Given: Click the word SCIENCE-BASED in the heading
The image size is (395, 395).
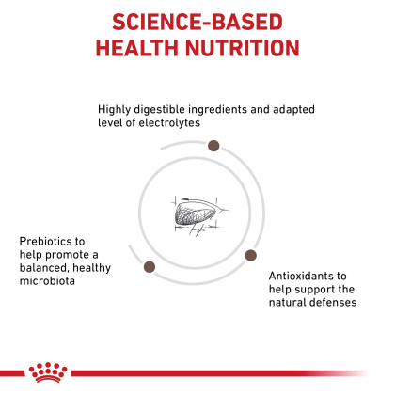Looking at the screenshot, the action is pos(197,22).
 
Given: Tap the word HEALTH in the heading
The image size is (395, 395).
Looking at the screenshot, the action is pos(137,48).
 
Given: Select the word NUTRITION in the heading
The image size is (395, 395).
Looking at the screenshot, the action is pos(243,48).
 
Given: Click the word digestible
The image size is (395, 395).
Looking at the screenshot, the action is pos(159,109).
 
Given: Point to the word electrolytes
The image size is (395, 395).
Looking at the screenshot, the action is pos(169,122).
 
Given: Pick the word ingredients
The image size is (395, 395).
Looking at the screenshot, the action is pos(218,109).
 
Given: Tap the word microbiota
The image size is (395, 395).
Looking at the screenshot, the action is pos(47,281).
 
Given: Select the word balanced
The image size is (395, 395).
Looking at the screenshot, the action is pos(44,268).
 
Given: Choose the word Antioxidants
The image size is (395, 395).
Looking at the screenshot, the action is pos(301,276).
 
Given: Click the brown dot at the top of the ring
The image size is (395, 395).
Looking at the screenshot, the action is pos(213,146).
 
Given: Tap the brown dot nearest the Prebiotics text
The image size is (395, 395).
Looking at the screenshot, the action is pos(150,267).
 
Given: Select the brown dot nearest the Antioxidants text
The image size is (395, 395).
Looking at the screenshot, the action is pos(250,255).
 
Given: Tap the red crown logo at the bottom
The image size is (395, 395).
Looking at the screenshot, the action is pos(48,372).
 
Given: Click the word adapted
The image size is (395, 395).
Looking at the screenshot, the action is pos(293,109).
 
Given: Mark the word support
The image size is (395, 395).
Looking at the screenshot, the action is pos(314,290).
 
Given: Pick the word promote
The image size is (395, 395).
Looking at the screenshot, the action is pos(68,255).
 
